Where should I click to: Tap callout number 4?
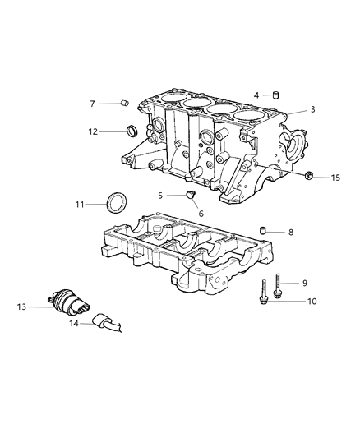(x=256, y=95)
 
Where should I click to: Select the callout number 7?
(x=93, y=104)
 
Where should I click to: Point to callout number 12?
(x=93, y=131)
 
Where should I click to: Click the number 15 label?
(x=335, y=178)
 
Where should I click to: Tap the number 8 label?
(x=290, y=233)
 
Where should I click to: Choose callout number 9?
(x=303, y=283)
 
